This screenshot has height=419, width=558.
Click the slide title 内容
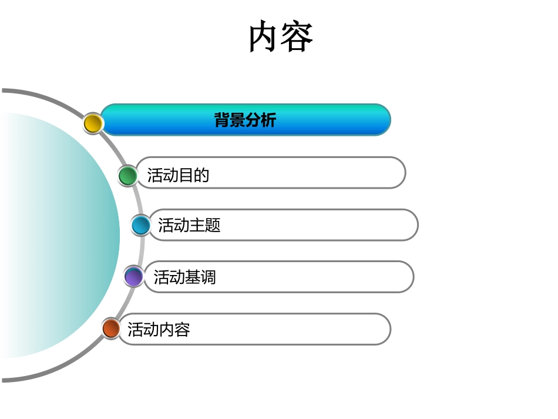(280, 36)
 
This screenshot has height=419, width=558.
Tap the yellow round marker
(93, 123)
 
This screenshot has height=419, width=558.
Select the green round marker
(127, 176)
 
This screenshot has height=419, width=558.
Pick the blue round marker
(141, 225)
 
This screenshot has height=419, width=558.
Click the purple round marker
(134, 277)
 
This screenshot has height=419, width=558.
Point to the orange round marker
(111, 329)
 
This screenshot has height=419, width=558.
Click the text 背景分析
(245, 120)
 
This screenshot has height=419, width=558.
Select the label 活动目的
(179, 176)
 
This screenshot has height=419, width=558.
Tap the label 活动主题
(189, 225)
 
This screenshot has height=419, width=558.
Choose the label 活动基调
(184, 277)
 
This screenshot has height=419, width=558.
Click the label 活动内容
(159, 329)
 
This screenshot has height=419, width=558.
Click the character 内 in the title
(264, 36)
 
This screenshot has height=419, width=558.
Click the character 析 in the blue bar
(268, 120)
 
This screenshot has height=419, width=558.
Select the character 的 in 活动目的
(202, 176)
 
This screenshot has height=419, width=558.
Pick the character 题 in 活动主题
(213, 225)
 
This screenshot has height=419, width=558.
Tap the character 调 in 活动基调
(208, 277)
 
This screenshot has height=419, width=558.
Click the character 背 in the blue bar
(221, 120)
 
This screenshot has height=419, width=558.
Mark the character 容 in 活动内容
(182, 329)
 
